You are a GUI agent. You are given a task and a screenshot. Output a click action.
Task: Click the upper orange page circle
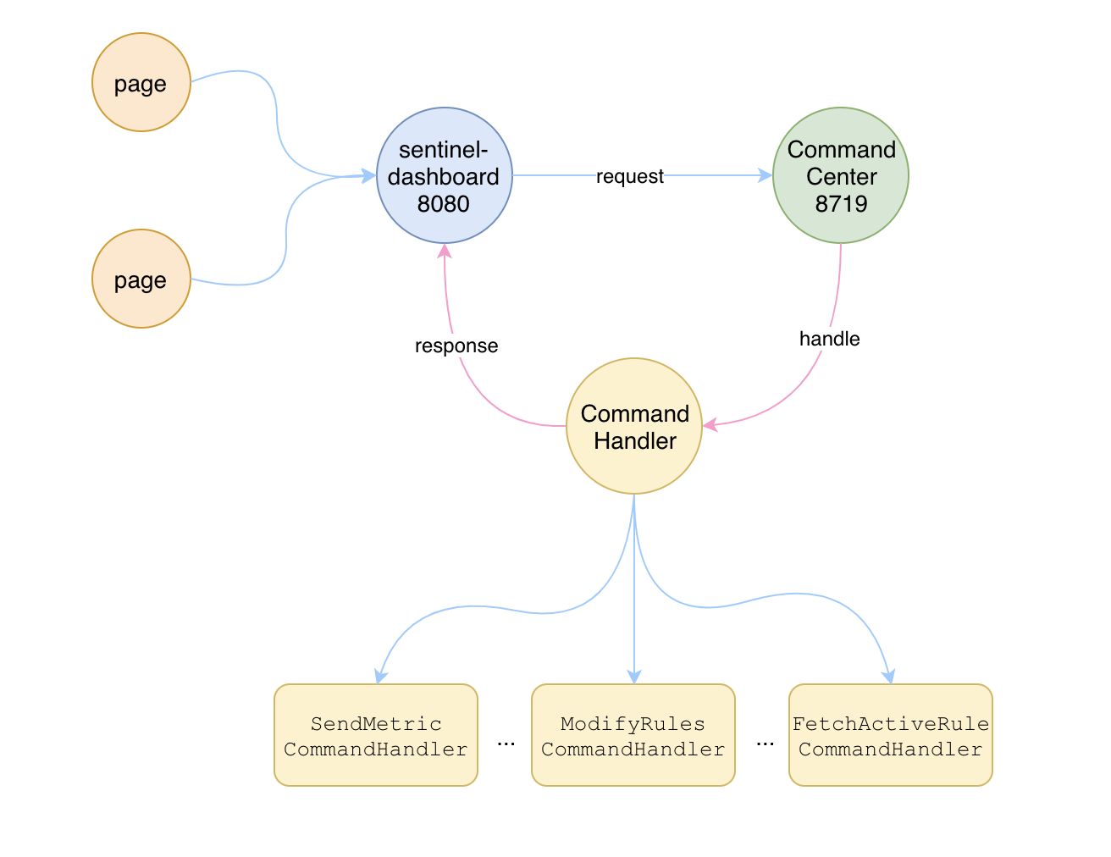click(141, 82)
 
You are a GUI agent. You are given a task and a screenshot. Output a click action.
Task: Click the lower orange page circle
click(141, 279)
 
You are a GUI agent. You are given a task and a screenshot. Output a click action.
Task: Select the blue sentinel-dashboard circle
click(445, 175)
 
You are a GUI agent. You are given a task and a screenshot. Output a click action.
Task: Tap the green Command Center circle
click(841, 175)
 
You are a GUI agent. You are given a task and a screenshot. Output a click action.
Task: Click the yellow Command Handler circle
click(634, 426)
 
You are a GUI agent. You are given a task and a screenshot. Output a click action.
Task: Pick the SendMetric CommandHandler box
click(376, 735)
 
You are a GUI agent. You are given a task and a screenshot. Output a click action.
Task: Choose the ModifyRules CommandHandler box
click(633, 735)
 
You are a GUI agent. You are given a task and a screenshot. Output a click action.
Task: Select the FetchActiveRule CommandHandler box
click(891, 735)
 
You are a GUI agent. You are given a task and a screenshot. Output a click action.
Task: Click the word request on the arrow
click(629, 176)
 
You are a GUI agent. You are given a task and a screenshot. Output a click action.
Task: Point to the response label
click(456, 346)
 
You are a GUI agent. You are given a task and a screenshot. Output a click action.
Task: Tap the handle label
click(829, 339)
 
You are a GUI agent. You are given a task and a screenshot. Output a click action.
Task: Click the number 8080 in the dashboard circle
click(443, 203)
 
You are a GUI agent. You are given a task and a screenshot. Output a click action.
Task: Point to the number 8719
click(841, 203)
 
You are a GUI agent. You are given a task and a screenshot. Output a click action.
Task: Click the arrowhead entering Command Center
click(766, 175)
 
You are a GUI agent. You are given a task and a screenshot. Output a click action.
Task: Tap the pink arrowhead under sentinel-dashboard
click(445, 251)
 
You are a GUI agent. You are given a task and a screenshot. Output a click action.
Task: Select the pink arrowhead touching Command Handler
click(710, 425)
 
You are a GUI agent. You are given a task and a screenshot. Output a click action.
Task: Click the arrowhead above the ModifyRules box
click(634, 677)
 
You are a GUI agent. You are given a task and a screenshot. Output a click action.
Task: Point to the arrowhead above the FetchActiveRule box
click(889, 677)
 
